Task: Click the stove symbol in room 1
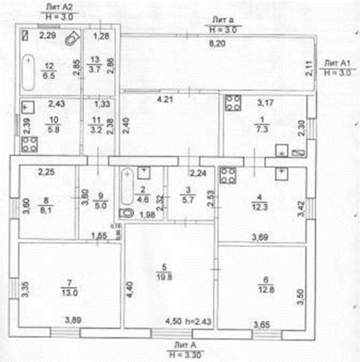pos(233,102)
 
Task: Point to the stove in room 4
pos(228,176)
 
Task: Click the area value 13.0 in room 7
pos(69,293)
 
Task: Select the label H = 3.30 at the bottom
pos(186,353)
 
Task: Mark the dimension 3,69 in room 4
pos(259,238)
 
